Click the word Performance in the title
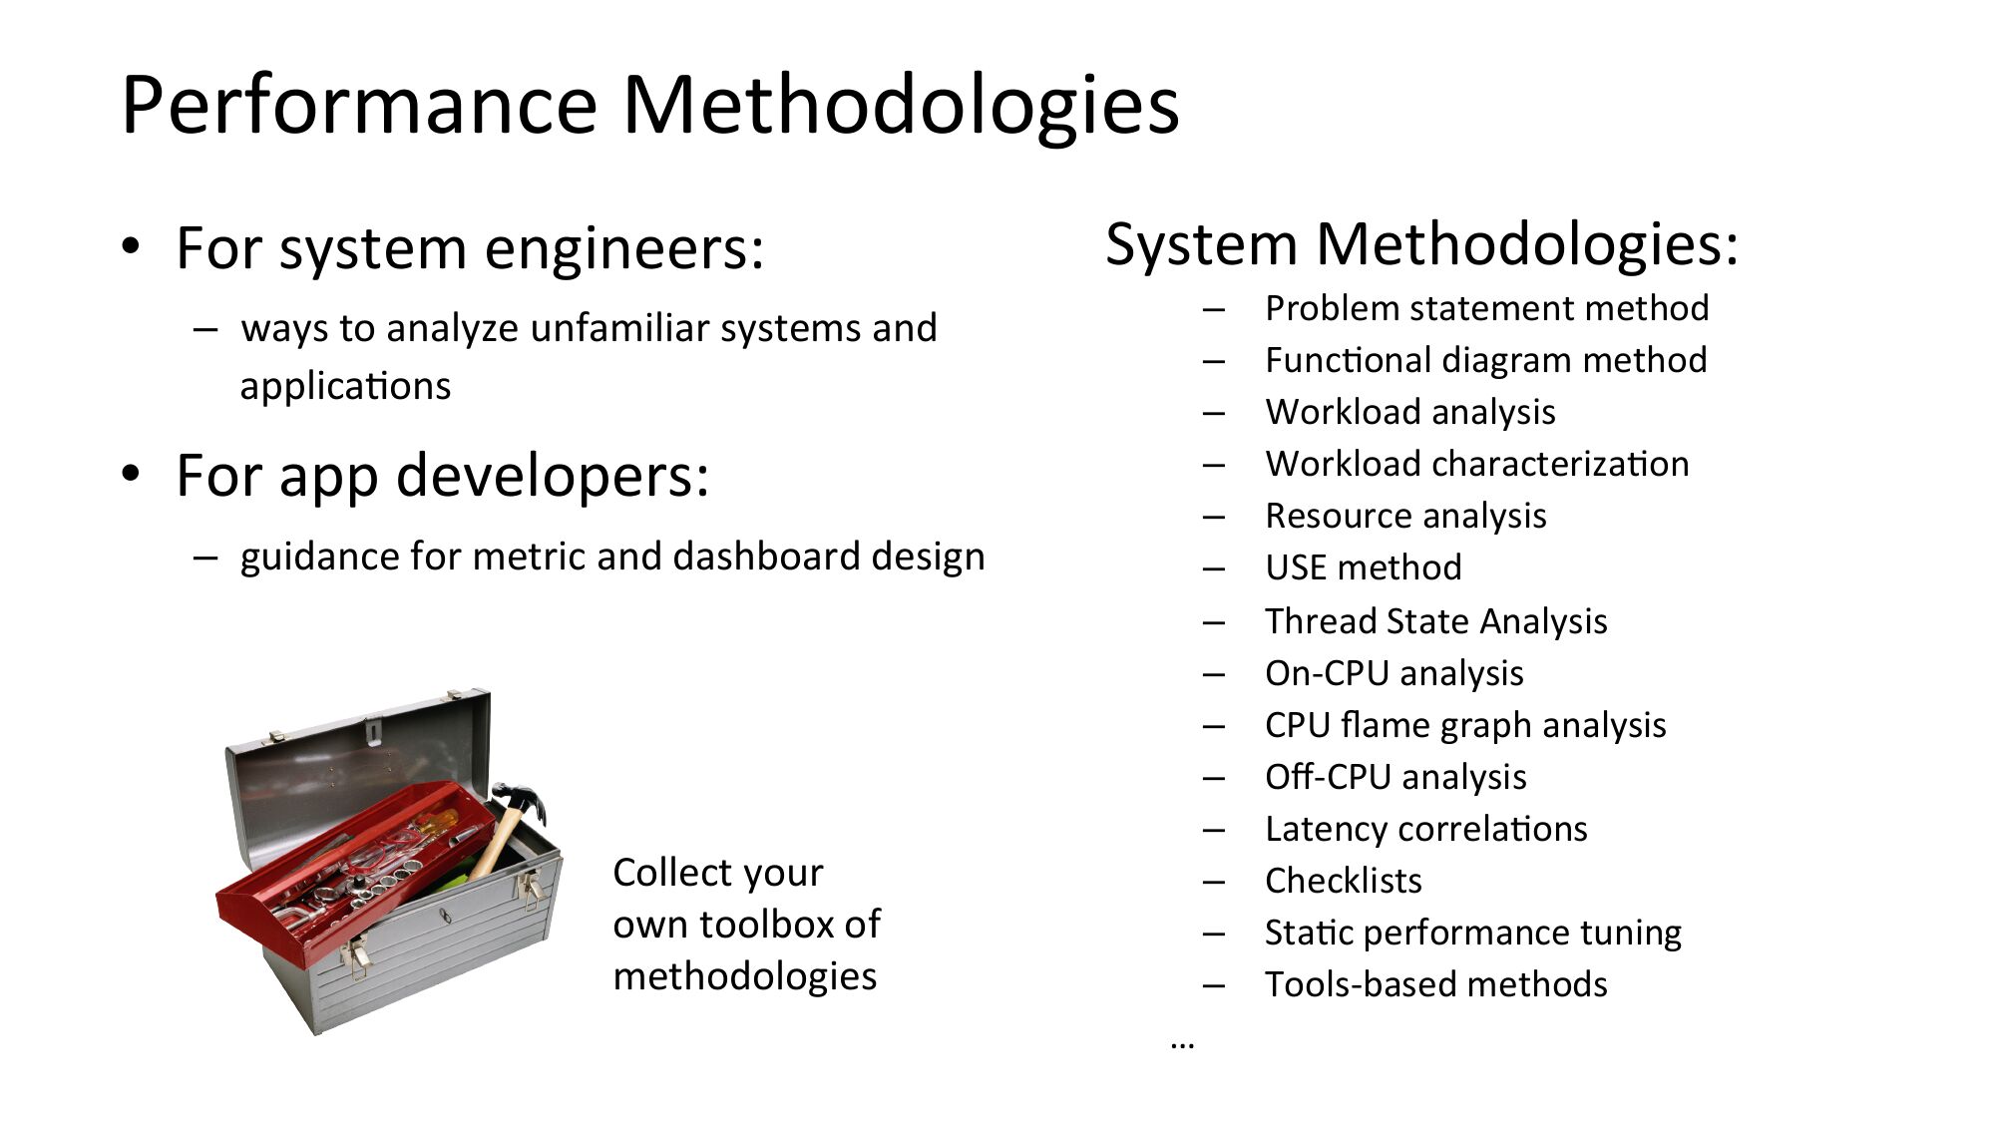click(360, 105)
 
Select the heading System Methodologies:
click(1421, 244)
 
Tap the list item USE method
click(1364, 567)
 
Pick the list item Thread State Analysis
click(1436, 621)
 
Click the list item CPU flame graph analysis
click(1465, 725)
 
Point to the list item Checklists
click(1344, 881)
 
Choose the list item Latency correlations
click(1426, 829)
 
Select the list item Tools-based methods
click(1436, 984)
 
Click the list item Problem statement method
click(1487, 308)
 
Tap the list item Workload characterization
click(1477, 464)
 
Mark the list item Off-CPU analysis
click(1395, 777)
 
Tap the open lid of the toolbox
click(359, 768)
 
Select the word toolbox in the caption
click(766, 925)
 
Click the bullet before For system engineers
click(131, 246)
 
